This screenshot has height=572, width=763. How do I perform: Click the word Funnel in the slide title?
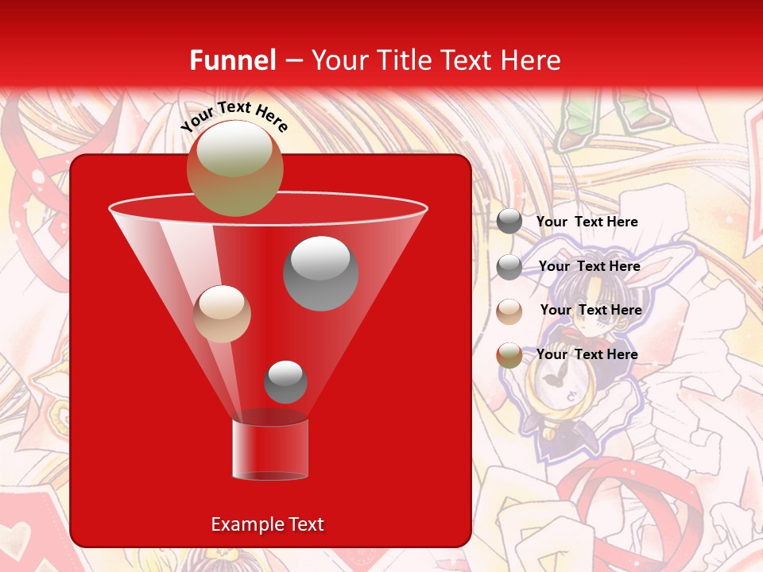[232, 60]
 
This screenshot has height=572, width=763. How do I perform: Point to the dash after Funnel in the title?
[292, 61]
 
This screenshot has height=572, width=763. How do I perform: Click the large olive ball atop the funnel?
[234, 168]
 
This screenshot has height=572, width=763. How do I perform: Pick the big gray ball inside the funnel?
[320, 272]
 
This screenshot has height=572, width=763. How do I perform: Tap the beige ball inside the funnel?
[222, 314]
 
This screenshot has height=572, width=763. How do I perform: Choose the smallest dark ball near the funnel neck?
[285, 381]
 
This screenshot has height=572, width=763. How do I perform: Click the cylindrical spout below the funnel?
[269, 449]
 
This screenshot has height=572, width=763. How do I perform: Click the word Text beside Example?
[305, 524]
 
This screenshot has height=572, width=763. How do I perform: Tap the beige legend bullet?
[509, 311]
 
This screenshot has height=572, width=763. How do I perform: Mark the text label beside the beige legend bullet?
[591, 310]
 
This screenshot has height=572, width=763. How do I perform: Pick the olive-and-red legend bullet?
[509, 355]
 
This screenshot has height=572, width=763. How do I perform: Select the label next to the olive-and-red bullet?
[587, 354]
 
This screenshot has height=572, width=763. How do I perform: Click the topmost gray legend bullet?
[509, 222]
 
